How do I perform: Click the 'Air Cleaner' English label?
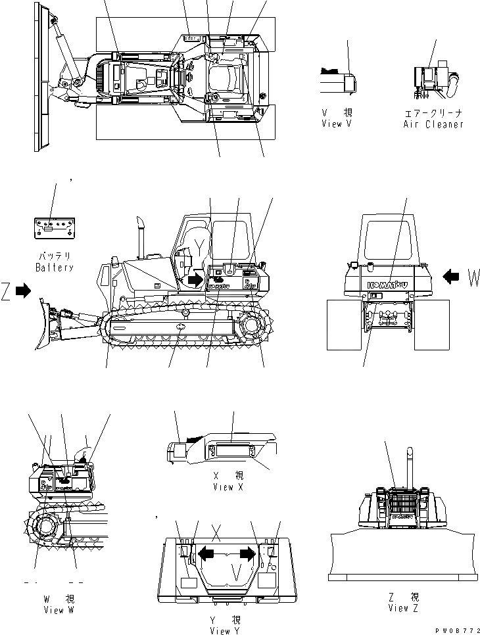pos(433,124)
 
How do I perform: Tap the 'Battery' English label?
pos(55,268)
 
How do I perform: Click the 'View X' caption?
pos(229,487)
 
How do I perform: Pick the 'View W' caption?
pos(55,610)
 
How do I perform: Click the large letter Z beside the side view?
pos(7,289)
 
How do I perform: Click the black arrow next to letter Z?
pos(22,289)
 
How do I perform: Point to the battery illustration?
pos(55,229)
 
